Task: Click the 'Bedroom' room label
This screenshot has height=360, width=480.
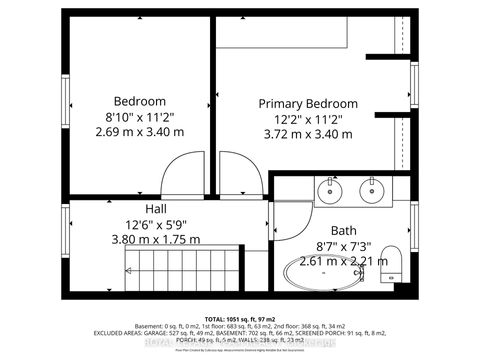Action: tap(139, 101)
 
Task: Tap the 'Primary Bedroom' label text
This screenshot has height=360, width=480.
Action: tap(308, 104)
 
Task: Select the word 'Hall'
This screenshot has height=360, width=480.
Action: tap(156, 208)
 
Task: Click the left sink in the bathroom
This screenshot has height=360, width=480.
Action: tap(329, 189)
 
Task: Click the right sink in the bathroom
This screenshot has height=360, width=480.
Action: tap(373, 189)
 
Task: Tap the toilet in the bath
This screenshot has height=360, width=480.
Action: tap(392, 263)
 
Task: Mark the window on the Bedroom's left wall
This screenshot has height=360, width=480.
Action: tap(67, 100)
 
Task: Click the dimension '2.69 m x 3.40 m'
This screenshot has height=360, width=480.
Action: tap(139, 132)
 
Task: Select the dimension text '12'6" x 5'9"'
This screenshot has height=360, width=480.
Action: tap(156, 224)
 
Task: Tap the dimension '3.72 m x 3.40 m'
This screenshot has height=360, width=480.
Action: tap(308, 134)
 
